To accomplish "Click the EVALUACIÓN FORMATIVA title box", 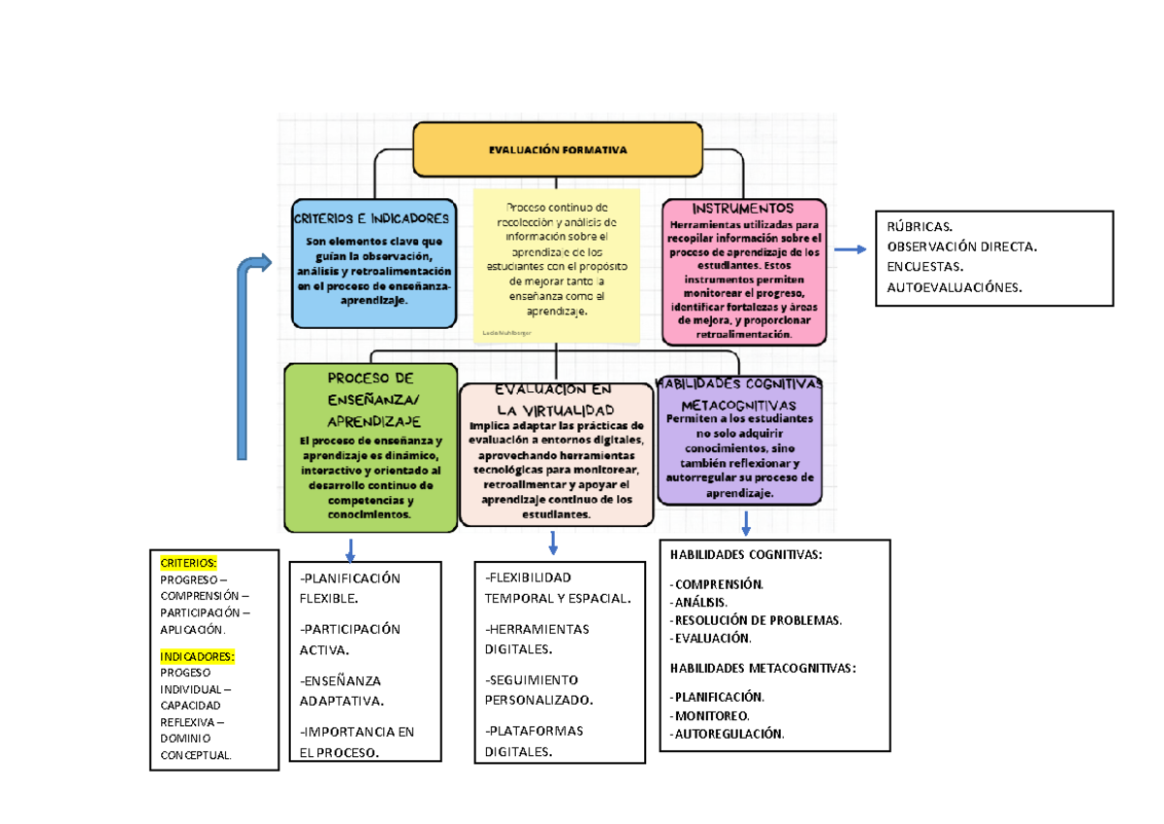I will [x=557, y=150].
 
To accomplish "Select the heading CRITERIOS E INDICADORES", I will [x=372, y=218].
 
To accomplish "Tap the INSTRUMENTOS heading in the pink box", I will [x=743, y=209].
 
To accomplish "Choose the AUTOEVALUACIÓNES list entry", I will [x=954, y=287].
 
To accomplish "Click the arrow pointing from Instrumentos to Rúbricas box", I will [x=850, y=249].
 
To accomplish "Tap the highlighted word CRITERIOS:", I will [x=188, y=563].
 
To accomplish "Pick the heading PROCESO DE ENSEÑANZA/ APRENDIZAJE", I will [x=371, y=399].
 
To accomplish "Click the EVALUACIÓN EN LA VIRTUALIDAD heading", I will [x=555, y=399].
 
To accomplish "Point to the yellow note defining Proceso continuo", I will [x=556, y=265].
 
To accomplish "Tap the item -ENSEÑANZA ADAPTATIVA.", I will [x=341, y=690].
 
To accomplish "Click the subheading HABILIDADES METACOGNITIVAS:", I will [x=763, y=668].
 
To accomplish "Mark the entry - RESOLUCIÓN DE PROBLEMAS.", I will [x=756, y=620].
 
